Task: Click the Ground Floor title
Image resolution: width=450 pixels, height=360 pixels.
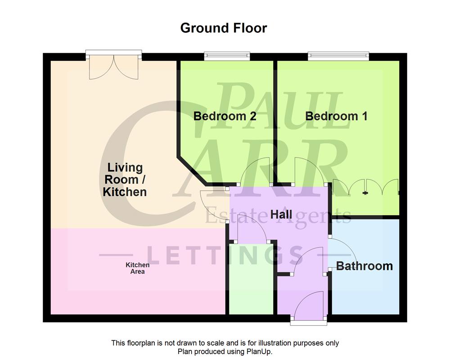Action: (x=224, y=28)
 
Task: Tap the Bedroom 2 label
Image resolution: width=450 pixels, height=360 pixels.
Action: (x=225, y=116)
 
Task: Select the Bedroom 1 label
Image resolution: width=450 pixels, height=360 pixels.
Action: (x=336, y=116)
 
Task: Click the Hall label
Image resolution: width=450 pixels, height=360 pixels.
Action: (x=281, y=214)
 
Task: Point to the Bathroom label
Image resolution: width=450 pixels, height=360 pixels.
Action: (x=364, y=266)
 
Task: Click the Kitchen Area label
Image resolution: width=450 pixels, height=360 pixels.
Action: (x=137, y=269)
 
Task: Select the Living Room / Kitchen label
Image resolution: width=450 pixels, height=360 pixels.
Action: (x=125, y=180)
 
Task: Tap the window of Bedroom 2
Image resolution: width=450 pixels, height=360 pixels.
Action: (x=226, y=56)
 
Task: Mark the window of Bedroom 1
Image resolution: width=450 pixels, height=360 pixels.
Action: (x=338, y=56)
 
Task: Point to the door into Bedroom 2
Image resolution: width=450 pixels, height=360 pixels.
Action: (x=256, y=173)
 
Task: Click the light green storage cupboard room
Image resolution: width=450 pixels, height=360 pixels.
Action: (x=251, y=279)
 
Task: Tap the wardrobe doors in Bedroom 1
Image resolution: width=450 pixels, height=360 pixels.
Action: (x=365, y=187)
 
